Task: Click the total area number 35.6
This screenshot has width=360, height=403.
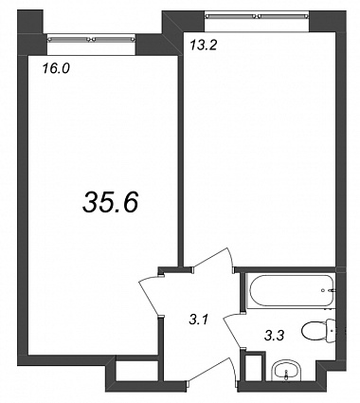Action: (111, 202)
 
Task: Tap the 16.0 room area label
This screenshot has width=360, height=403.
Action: (56, 68)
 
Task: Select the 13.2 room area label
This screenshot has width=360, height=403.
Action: (204, 46)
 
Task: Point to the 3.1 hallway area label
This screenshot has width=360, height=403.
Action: (198, 321)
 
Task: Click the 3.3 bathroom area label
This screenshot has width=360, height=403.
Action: (274, 336)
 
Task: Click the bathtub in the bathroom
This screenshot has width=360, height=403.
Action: (291, 291)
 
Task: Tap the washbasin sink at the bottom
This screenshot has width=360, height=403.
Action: (287, 371)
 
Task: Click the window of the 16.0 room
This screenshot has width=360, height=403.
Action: (92, 40)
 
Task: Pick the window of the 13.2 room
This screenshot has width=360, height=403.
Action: (256, 15)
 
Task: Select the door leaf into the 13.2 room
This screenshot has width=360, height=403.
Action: (212, 258)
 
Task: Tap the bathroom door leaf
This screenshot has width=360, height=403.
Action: (233, 330)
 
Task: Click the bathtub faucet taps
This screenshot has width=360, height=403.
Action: (330, 290)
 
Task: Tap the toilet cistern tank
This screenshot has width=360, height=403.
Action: (331, 330)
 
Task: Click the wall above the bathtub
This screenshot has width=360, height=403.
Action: (286, 269)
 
